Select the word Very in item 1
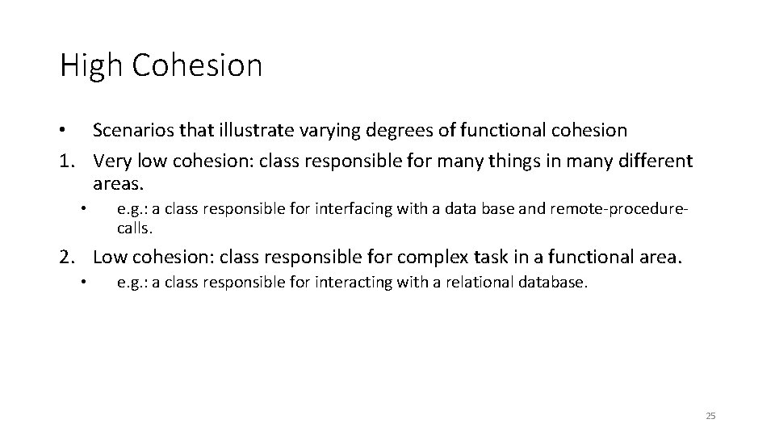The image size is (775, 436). [111, 161]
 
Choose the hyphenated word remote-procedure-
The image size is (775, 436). [619, 210]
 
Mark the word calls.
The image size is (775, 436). [134, 228]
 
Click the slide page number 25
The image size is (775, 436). [710, 416]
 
